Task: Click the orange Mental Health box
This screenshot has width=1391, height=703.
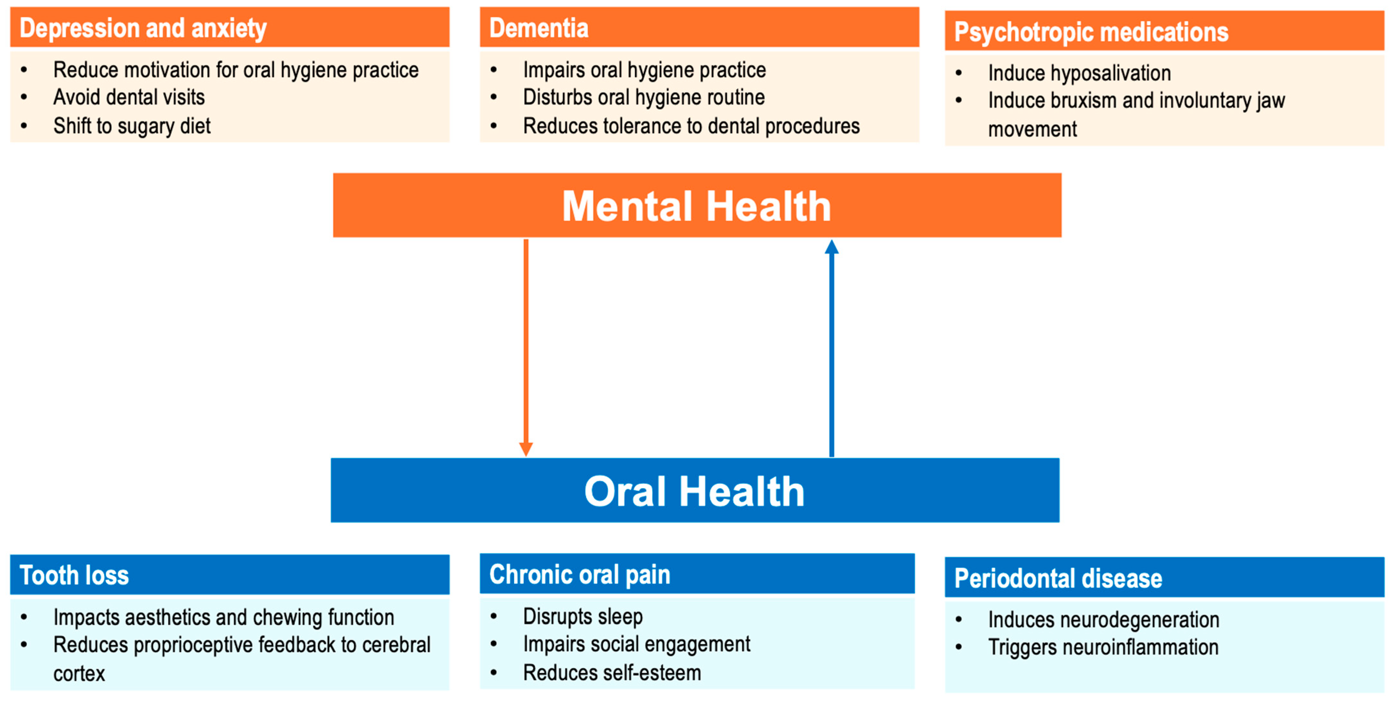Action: click(697, 205)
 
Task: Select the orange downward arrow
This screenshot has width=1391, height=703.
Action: click(526, 346)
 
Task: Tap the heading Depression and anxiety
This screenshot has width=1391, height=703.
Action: click(143, 28)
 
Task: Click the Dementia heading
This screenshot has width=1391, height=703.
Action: click(538, 28)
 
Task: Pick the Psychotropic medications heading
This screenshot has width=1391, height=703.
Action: click(1091, 31)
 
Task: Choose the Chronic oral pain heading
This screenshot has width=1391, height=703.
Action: click(579, 574)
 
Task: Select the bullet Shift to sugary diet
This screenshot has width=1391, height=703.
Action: click(132, 126)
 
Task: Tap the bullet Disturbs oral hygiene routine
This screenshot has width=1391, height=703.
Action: click(644, 97)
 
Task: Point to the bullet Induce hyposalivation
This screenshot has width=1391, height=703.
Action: click(1079, 73)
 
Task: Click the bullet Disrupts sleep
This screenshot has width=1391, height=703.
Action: click(583, 616)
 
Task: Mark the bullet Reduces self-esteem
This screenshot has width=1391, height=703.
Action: click(612, 673)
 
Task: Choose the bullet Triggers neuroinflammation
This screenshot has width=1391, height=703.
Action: click(1103, 647)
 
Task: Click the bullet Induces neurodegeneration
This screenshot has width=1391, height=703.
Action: click(1103, 619)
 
